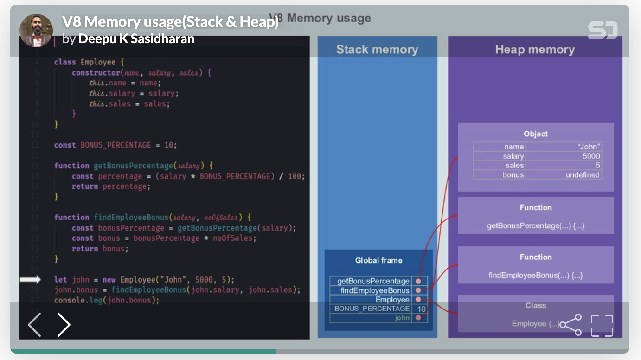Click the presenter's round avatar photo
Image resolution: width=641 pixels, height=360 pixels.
(x=36, y=30)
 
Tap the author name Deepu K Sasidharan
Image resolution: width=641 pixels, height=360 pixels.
(x=136, y=39)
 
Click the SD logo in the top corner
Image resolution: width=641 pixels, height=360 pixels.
(x=603, y=30)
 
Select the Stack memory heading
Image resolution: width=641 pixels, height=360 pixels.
(x=377, y=50)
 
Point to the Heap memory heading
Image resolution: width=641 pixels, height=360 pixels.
(x=534, y=50)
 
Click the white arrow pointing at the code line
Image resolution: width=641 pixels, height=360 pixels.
(x=31, y=280)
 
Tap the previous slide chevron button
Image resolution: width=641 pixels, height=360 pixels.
(x=35, y=325)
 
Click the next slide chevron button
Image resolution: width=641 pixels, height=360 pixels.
(x=64, y=325)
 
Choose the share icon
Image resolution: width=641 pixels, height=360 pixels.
(x=571, y=325)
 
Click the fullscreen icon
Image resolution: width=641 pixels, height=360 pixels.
(x=602, y=325)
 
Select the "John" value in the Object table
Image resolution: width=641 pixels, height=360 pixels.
(x=588, y=147)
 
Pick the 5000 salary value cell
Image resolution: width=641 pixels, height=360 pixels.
(x=591, y=156)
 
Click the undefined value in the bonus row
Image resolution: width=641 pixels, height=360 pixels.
(x=583, y=175)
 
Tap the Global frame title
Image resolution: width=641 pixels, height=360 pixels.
(x=378, y=260)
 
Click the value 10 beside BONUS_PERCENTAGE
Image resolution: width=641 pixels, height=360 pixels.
(x=421, y=309)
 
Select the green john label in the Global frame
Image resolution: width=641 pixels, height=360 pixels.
(x=402, y=318)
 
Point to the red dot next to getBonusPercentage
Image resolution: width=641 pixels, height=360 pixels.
(x=419, y=281)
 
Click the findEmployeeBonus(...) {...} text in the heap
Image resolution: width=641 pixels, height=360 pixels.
(x=535, y=275)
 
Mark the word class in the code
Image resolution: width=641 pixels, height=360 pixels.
(x=65, y=62)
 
